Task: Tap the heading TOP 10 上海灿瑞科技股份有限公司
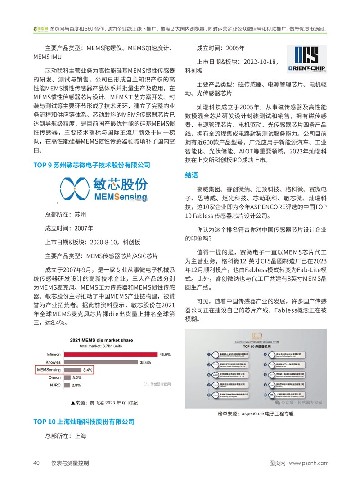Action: pos(84,422)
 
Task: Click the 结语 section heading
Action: pos(191,175)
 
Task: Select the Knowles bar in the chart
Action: pos(100,362)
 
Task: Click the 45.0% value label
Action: pos(165,355)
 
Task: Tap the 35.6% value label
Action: pos(145,362)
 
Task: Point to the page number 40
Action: pos(37,463)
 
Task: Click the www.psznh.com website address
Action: pos(309,463)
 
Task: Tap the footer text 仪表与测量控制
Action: pos(70,463)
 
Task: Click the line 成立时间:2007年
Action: pos(69,228)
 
